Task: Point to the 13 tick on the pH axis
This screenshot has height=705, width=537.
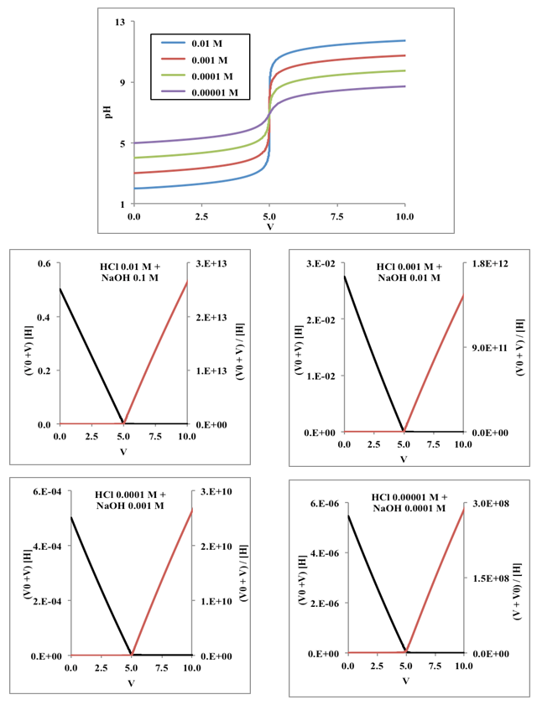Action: coord(120,22)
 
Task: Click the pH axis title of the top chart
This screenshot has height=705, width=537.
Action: coord(109,112)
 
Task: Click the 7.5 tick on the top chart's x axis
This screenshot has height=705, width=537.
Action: coord(337,216)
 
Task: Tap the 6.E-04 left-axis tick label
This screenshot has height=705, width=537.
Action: coord(40,491)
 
